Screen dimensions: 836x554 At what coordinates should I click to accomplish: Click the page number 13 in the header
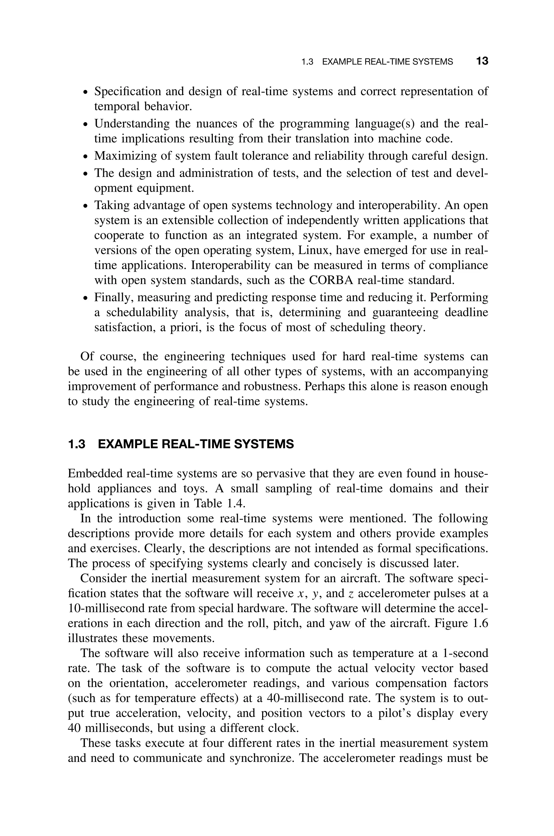pos(482,61)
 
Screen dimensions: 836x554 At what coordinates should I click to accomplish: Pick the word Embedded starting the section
pos(94,473)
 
